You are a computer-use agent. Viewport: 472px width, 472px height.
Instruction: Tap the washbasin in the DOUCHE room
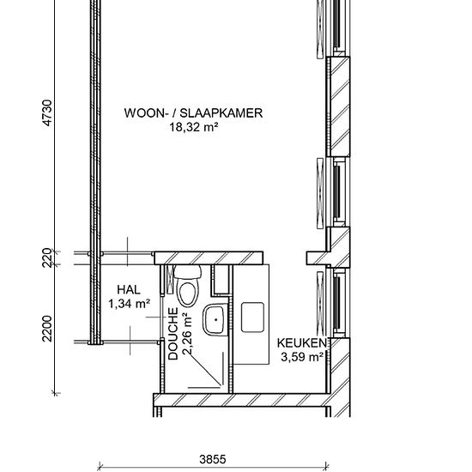click(x=215, y=320)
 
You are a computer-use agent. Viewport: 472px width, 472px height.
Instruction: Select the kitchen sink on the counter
click(x=252, y=318)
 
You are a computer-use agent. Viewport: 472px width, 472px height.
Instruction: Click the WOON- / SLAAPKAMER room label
click(x=194, y=113)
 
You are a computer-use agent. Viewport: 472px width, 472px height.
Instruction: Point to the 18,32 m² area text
click(x=194, y=127)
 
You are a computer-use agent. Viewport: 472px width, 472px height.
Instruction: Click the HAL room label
click(x=129, y=289)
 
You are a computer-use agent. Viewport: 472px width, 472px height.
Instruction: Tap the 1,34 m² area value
click(x=129, y=304)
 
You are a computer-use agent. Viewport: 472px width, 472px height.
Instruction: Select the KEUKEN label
click(x=301, y=343)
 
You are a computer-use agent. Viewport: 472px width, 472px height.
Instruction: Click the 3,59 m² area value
click(x=302, y=357)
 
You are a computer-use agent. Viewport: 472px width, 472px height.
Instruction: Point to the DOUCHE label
click(x=173, y=334)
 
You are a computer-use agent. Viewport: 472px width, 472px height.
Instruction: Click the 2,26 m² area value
click(x=187, y=334)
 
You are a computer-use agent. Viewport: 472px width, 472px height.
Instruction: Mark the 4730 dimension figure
click(x=47, y=113)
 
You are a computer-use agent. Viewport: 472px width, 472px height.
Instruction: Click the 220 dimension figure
click(x=47, y=257)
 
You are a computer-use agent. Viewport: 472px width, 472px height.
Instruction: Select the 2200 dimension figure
click(x=47, y=329)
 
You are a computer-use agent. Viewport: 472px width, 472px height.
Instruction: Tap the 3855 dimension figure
click(x=213, y=459)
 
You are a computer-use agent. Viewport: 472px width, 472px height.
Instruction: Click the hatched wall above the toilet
click(x=209, y=258)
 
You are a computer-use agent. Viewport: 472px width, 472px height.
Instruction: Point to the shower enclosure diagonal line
click(x=205, y=369)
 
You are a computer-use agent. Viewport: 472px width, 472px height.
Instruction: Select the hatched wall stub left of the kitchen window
click(x=318, y=258)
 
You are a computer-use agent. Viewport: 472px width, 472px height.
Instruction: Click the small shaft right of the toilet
click(x=221, y=280)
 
